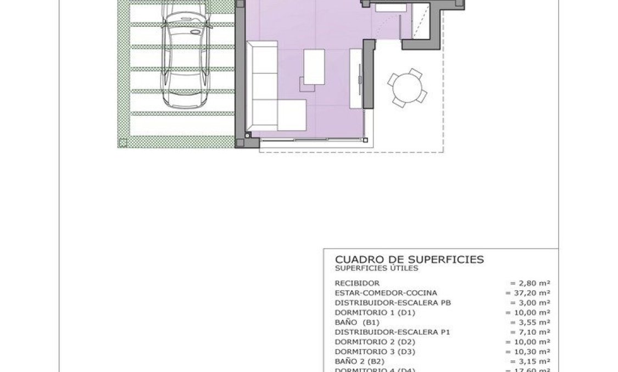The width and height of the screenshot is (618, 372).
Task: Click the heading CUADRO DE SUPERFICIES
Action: (x=409, y=259)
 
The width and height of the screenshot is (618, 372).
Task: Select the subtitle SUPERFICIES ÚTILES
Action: (x=376, y=268)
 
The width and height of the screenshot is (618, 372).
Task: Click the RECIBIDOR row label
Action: (x=357, y=283)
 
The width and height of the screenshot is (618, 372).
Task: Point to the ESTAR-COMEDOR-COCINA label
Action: (x=386, y=293)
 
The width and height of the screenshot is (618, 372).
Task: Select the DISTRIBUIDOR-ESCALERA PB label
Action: (x=393, y=303)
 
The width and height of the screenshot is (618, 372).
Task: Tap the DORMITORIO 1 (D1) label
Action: (x=376, y=313)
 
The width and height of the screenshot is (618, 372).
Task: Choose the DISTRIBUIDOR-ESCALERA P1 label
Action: (x=393, y=332)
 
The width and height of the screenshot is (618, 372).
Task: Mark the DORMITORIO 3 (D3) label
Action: (x=376, y=352)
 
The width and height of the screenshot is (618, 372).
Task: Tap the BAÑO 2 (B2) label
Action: (x=359, y=362)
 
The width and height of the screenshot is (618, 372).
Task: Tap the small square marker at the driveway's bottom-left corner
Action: (x=123, y=143)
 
